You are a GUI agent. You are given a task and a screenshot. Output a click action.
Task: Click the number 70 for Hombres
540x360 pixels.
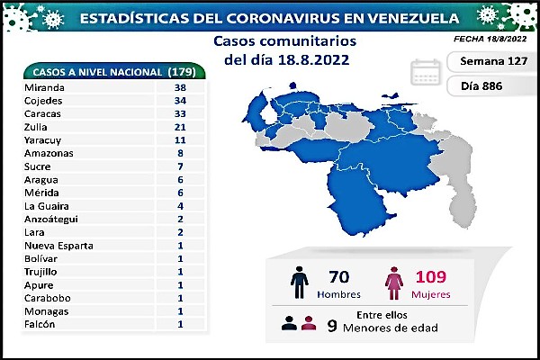click(x=339, y=275)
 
